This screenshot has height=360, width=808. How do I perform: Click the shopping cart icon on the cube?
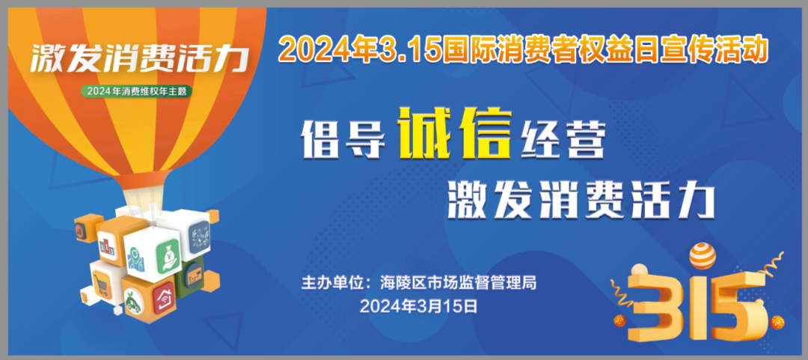(101, 283)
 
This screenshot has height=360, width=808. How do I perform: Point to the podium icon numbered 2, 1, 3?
(108, 247)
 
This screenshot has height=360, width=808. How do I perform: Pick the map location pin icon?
(135, 259)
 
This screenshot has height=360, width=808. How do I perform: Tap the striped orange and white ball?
(703, 257)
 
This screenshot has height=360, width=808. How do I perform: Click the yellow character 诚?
(428, 133)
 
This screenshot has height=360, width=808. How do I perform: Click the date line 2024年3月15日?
(418, 306)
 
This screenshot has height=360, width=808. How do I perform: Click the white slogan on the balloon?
(139, 59)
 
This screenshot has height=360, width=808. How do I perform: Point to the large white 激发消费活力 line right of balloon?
(581, 201)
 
